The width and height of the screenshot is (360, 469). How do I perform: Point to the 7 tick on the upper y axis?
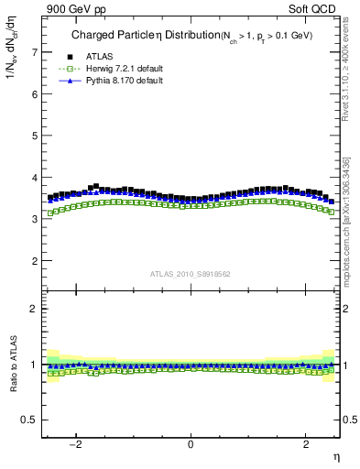coord(35,52)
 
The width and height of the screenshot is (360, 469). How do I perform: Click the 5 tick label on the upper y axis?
coord(35,136)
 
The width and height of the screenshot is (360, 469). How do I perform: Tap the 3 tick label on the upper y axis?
coord(35,219)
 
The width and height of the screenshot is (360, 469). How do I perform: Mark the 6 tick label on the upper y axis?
coord(35,94)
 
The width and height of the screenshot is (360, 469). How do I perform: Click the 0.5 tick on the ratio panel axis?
coord(31,420)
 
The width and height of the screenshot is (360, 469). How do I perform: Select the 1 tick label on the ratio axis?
coord(35,365)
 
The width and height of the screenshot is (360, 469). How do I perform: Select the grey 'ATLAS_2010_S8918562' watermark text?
coord(190,273)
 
